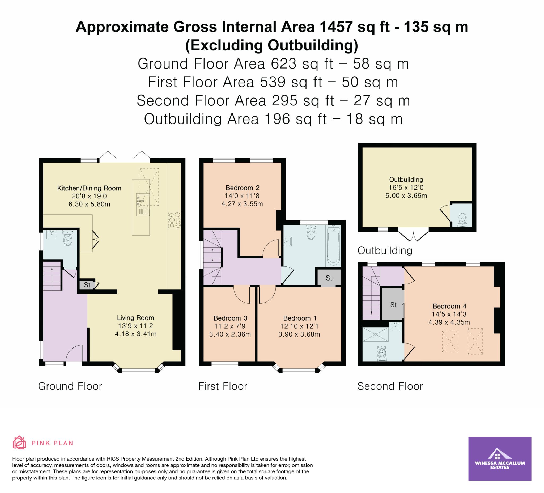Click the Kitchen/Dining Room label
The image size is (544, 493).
point(89,188)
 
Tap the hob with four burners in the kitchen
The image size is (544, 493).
point(174,220)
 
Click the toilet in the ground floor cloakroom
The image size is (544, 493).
point(67,238)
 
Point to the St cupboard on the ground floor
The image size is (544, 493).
point(87,285)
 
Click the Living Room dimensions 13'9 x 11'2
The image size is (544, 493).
point(135,326)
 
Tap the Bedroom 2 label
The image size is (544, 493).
point(239,188)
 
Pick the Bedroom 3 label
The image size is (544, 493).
point(231,318)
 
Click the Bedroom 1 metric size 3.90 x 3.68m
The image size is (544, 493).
point(299,334)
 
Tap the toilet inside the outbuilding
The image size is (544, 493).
point(462,219)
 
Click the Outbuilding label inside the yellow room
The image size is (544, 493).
point(406,180)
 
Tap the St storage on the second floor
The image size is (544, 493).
point(393,304)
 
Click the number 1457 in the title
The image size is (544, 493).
point(336,27)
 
